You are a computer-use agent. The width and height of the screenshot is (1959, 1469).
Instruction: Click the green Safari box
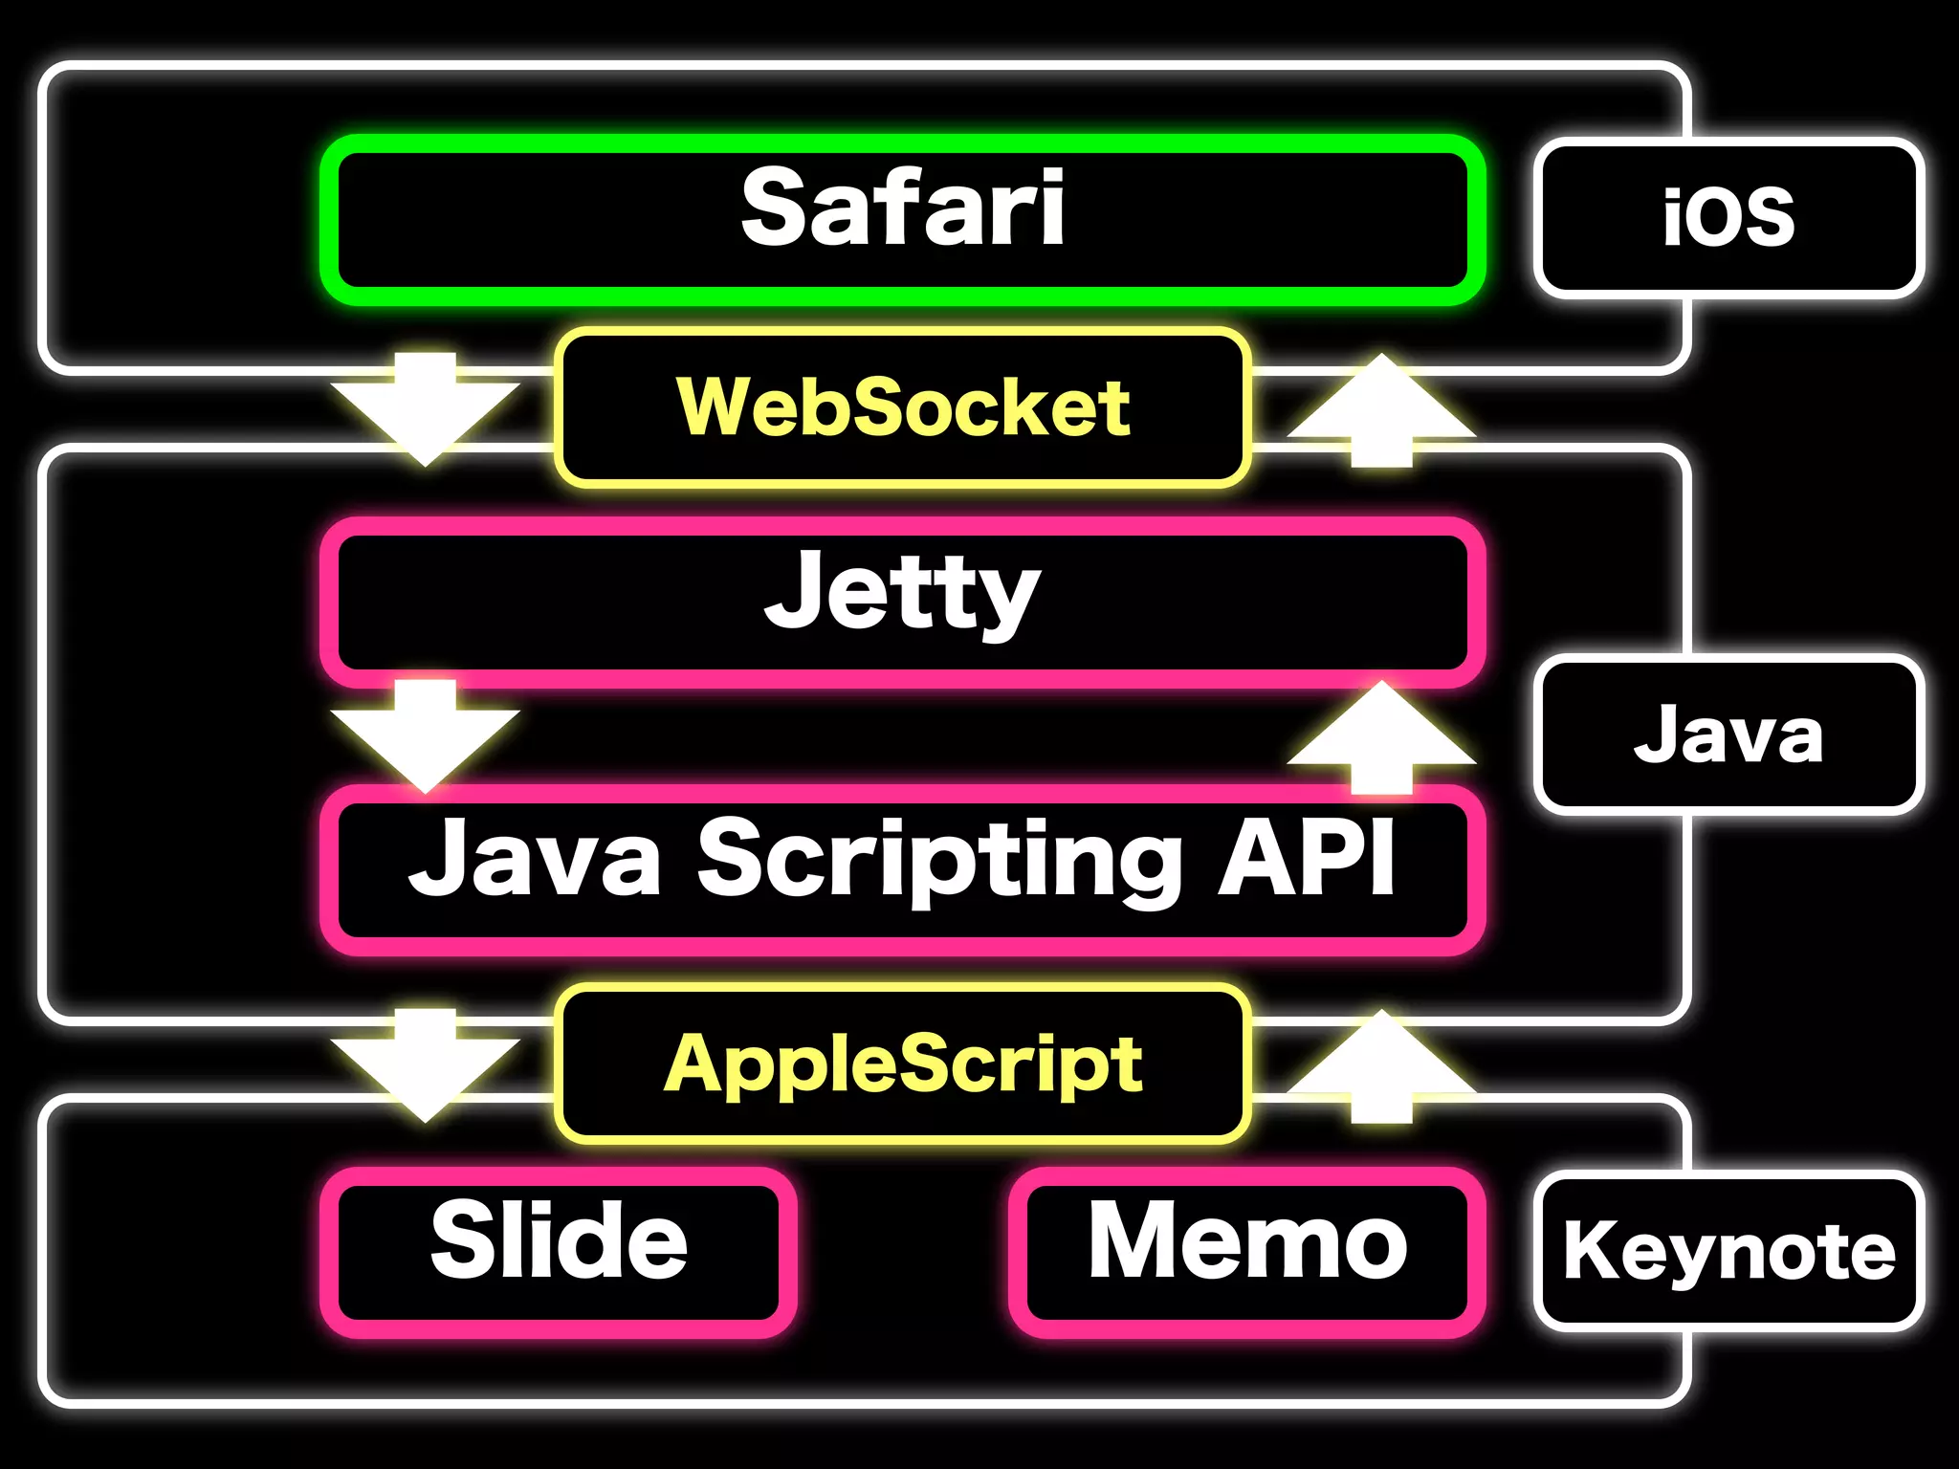click(903, 220)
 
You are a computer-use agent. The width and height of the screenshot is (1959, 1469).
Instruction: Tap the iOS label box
click(1728, 218)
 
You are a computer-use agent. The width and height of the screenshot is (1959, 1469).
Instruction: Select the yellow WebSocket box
click(903, 407)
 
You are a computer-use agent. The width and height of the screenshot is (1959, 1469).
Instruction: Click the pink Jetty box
click(903, 601)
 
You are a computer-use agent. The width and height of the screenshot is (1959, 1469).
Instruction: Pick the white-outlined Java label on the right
click(1728, 734)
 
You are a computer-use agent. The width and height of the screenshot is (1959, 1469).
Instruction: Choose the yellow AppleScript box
click(903, 1063)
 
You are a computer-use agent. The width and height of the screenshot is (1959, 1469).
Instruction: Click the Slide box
click(560, 1251)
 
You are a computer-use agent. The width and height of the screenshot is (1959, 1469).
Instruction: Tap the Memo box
click(1247, 1251)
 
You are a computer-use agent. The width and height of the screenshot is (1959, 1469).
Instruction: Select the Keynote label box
click(1728, 1251)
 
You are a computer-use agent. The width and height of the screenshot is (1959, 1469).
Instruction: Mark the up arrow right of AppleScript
click(1381, 1065)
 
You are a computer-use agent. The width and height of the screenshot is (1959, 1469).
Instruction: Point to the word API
click(1307, 857)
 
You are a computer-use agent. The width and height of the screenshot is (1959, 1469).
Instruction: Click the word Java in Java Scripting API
click(536, 859)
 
